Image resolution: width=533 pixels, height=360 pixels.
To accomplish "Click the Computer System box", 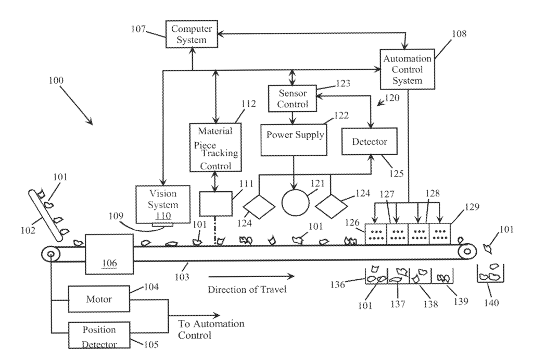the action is (x=192, y=34).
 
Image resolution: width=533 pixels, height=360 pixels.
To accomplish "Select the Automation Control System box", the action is (x=407, y=69).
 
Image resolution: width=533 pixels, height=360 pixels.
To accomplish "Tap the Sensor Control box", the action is (x=293, y=98).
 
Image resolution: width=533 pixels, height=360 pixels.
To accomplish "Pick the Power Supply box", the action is (x=294, y=140).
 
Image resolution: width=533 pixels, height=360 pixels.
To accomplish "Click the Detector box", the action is (x=370, y=142).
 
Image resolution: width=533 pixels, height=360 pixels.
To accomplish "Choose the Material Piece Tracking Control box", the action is (x=215, y=147).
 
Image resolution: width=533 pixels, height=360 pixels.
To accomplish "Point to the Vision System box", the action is (x=163, y=204).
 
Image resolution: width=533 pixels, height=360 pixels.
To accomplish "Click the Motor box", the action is (x=99, y=299).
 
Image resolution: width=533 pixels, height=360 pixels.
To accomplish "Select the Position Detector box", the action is (x=99, y=335).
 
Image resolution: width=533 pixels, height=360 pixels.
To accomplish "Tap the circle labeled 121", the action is (x=296, y=203).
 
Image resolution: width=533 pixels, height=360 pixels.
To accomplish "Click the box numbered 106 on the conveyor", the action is (x=109, y=254).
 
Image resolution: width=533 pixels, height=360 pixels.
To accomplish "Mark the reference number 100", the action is (x=56, y=80).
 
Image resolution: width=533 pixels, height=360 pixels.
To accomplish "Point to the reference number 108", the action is (x=459, y=34).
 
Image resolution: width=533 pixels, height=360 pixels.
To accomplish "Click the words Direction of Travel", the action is (x=247, y=290).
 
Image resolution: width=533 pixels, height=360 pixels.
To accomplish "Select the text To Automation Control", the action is (x=211, y=329).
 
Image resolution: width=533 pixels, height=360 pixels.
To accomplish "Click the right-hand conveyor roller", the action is (x=467, y=252).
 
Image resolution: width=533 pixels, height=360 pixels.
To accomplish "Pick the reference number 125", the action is (x=396, y=173).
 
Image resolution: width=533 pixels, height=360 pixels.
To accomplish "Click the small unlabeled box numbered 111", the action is (x=216, y=204).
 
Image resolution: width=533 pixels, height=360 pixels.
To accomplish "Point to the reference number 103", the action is (x=182, y=277).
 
